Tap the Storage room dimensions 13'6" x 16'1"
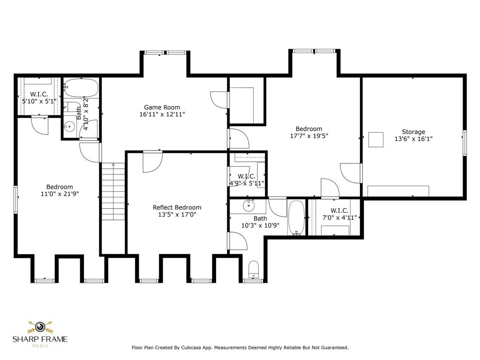[x=413, y=139]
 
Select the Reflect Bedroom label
[x=177, y=207]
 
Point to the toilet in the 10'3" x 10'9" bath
[x=254, y=268]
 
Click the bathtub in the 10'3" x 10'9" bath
[x=296, y=217]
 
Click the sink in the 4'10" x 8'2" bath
[x=70, y=126]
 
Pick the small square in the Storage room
[x=375, y=140]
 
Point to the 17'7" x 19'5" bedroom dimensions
[x=308, y=136]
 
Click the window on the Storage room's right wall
[x=465, y=142]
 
